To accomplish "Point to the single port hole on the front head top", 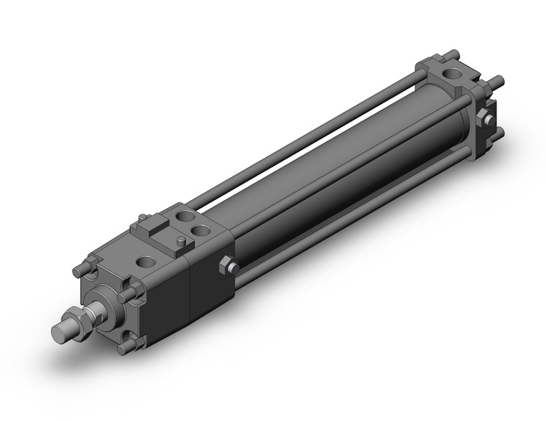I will (x=151, y=262).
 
